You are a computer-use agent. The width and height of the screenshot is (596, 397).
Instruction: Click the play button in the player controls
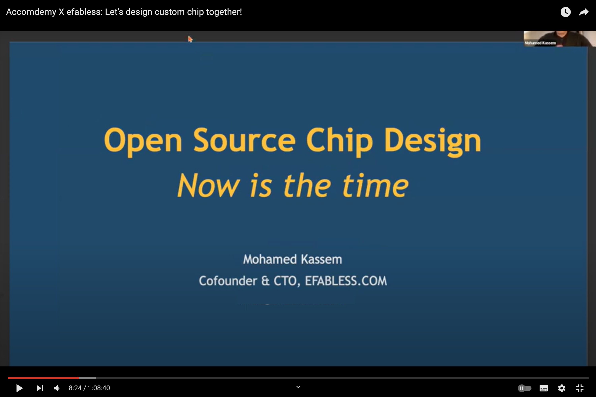tap(19, 388)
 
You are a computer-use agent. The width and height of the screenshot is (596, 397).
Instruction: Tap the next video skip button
tap(40, 388)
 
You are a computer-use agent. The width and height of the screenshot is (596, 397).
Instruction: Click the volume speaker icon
tap(57, 388)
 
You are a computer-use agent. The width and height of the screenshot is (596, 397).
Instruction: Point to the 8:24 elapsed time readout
tap(75, 388)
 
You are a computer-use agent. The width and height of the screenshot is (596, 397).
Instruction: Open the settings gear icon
tap(562, 388)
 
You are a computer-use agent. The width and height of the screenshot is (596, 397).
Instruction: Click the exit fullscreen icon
tap(580, 388)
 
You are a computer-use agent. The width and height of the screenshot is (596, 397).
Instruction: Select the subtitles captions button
tap(544, 388)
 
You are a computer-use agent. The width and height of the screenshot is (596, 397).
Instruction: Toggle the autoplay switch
tap(524, 388)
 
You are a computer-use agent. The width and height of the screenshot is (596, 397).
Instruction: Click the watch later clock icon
tap(565, 12)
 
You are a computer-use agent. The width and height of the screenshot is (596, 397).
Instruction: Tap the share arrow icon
tap(583, 12)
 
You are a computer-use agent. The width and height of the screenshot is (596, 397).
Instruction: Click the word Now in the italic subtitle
tap(208, 186)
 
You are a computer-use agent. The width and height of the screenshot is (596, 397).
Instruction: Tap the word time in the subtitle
tap(375, 186)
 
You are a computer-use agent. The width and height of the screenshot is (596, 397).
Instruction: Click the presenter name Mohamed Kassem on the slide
tap(292, 259)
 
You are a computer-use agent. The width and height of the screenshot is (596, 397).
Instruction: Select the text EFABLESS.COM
tap(346, 281)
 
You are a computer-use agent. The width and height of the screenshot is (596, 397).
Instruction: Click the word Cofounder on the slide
tap(228, 281)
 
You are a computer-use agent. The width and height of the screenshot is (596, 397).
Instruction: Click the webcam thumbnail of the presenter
tap(559, 39)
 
